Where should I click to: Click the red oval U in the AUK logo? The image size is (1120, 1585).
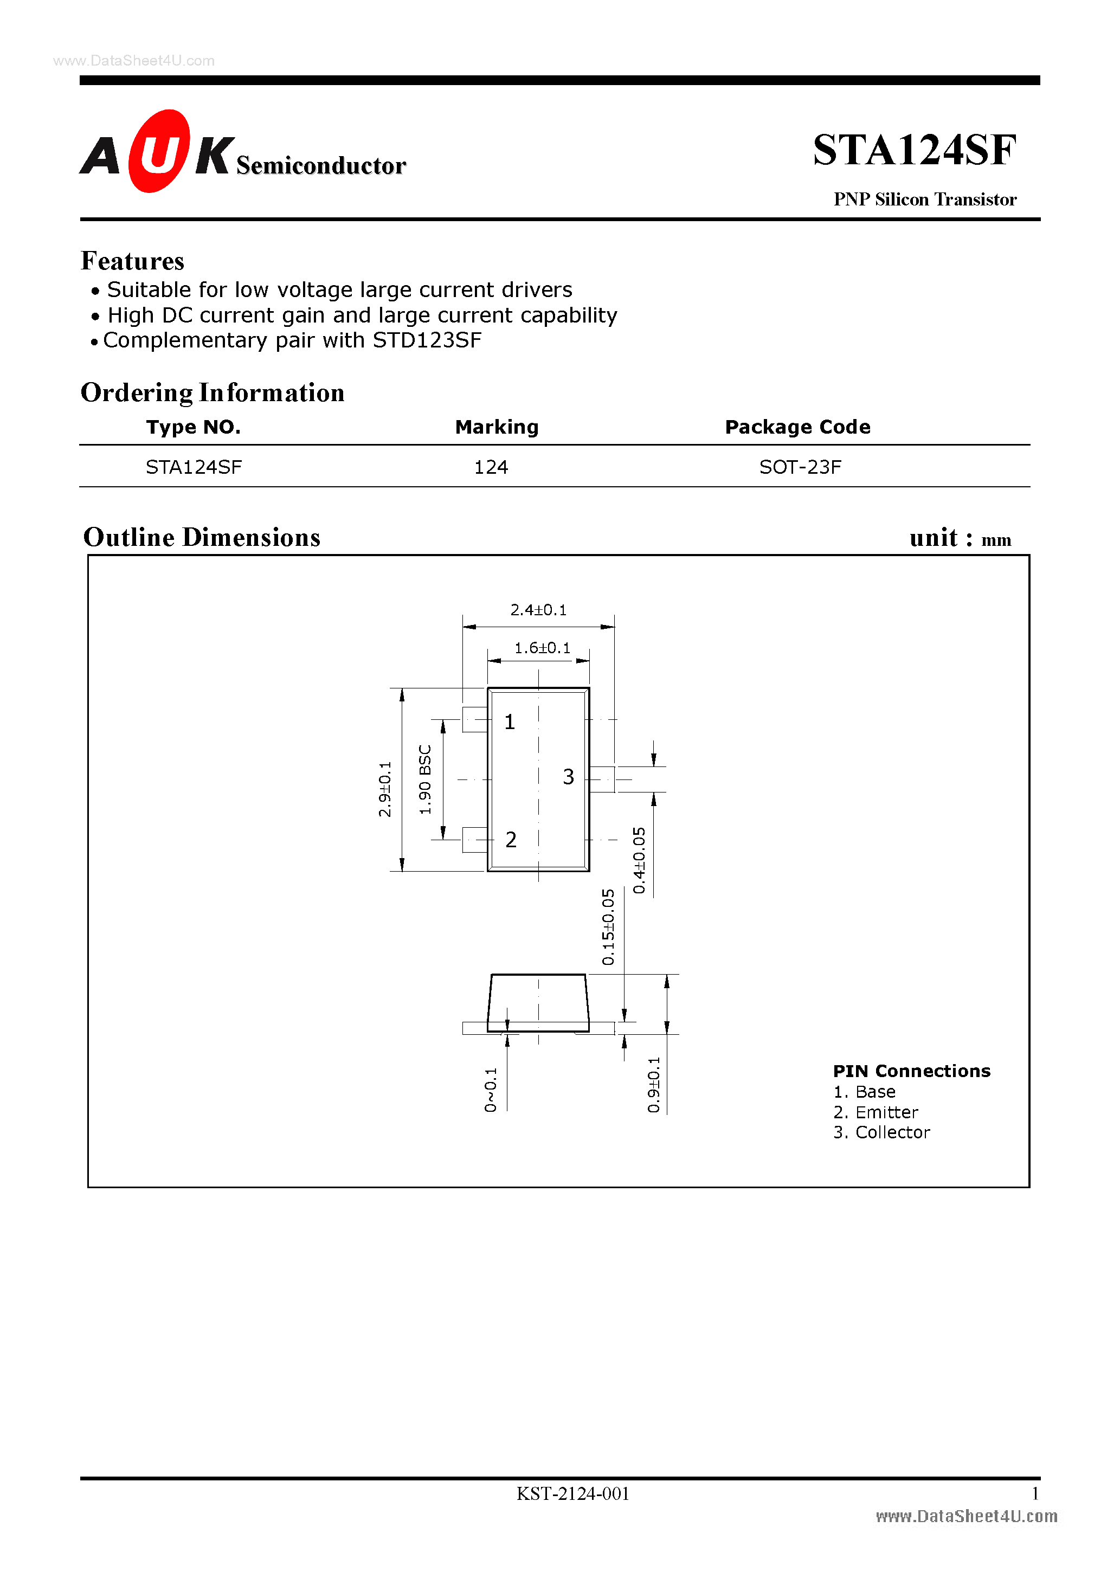(159, 151)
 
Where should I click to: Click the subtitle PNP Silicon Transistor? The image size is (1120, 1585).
(925, 199)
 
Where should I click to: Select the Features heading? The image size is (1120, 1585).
(133, 261)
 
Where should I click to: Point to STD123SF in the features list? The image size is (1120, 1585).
(427, 340)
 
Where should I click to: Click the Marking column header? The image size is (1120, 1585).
(497, 427)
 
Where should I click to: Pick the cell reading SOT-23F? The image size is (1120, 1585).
(800, 467)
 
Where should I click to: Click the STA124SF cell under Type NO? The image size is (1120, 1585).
(194, 467)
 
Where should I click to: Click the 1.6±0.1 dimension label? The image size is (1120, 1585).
(542, 648)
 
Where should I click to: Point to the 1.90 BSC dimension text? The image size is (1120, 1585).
(426, 779)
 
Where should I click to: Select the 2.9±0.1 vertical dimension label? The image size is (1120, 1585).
(384, 789)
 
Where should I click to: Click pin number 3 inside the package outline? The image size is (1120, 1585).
(568, 777)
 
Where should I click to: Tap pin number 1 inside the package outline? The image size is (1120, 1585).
(510, 722)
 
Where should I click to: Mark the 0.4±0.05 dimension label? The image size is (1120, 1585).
(639, 860)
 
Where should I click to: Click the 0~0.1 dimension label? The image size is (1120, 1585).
(490, 1090)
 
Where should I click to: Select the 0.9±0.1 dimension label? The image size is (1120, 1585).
(653, 1085)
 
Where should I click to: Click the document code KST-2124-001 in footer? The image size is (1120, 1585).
(572, 1494)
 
